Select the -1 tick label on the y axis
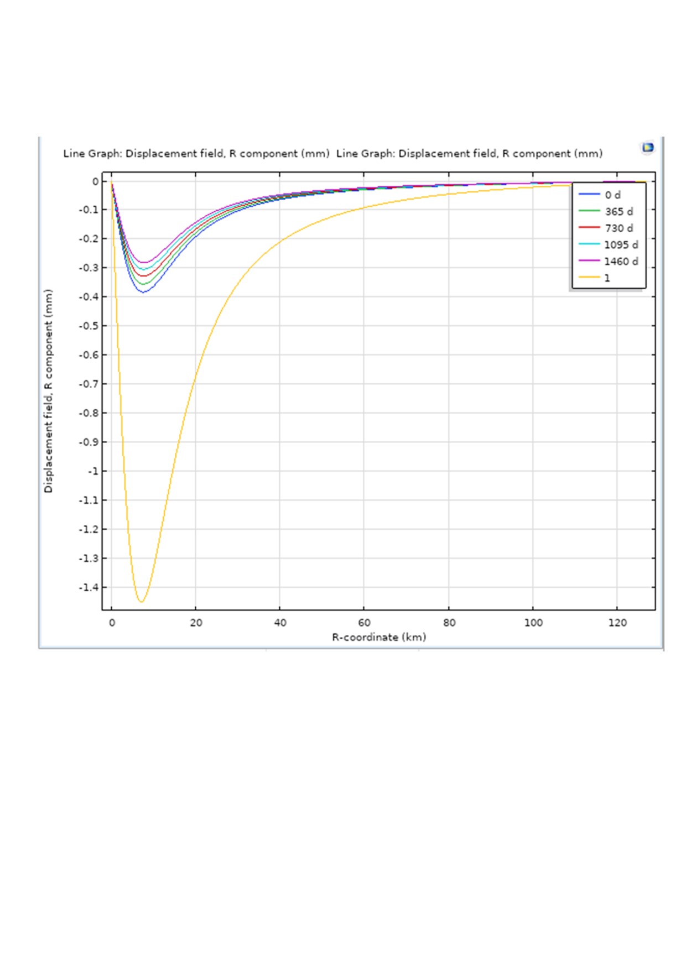[x=92, y=471]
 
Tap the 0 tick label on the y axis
[x=96, y=181]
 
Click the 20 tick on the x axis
[x=196, y=623]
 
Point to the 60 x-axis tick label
[x=365, y=623]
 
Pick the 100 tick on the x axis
[x=533, y=623]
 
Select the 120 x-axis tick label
[x=617, y=623]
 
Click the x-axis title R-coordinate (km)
[x=379, y=637]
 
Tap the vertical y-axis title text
[x=48, y=390]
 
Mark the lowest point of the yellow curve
[x=141, y=602]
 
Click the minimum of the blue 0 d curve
[x=143, y=292]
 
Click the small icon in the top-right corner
[x=647, y=148]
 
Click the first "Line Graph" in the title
[x=92, y=154]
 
